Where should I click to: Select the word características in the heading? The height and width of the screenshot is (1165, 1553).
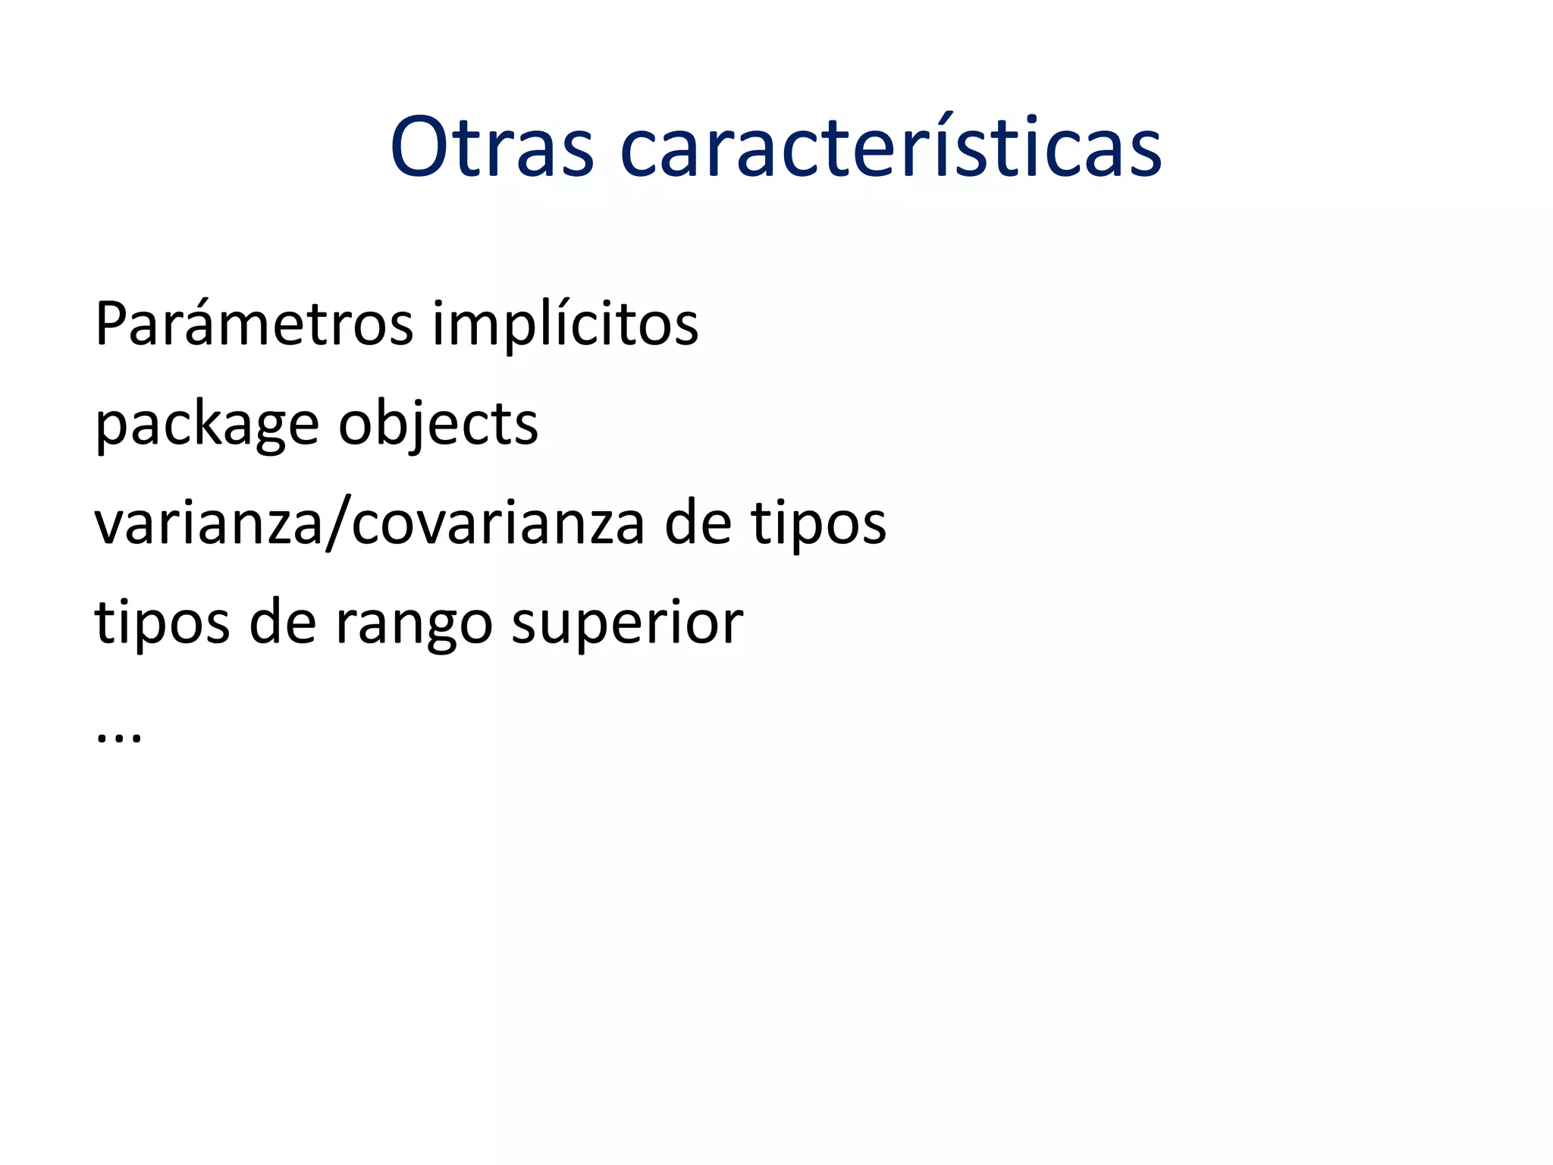click(x=890, y=147)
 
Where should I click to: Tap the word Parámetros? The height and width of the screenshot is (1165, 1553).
click(x=254, y=324)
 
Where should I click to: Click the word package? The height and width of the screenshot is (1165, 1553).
click(x=206, y=425)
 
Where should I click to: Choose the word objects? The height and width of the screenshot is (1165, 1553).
click(x=438, y=425)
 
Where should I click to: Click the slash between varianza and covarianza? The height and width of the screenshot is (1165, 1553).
click(x=338, y=524)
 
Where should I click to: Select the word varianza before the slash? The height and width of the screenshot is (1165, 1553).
click(x=209, y=524)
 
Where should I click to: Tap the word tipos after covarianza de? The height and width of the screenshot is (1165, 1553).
click(x=818, y=524)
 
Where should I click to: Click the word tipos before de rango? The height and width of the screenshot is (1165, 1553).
click(x=162, y=623)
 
